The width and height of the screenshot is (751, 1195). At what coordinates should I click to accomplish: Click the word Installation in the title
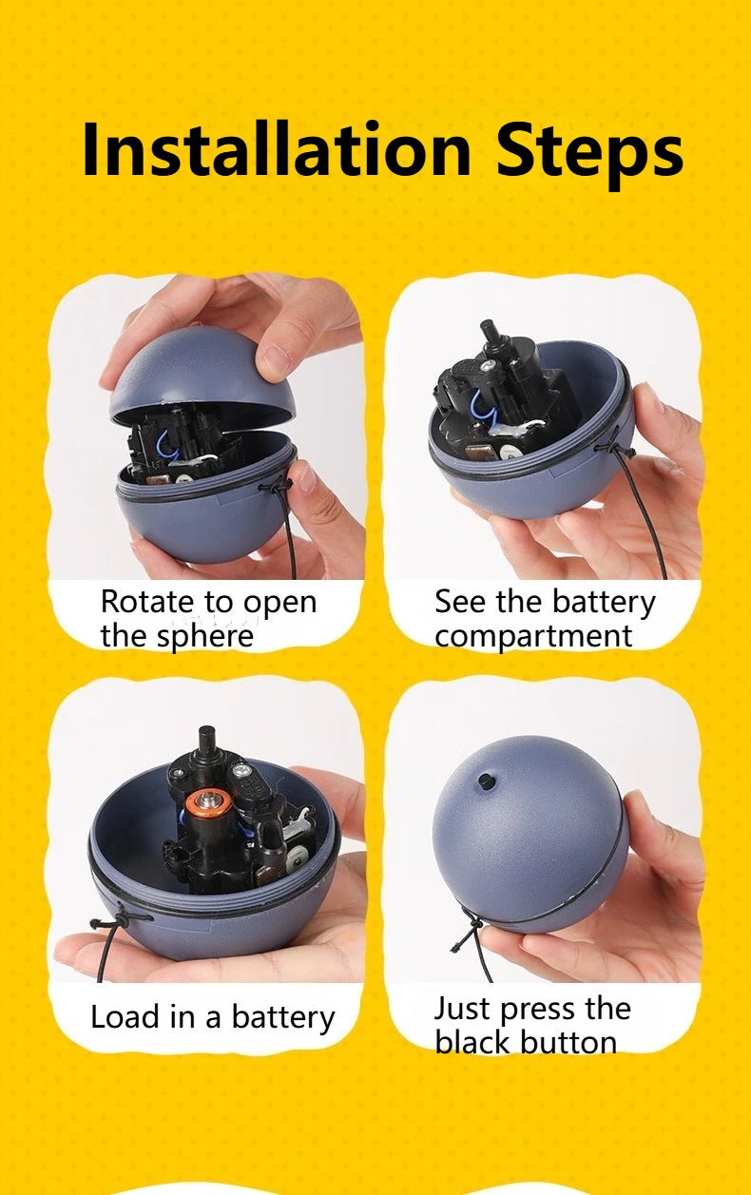point(276,150)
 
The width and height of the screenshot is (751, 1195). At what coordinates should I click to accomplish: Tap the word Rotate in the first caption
point(148,602)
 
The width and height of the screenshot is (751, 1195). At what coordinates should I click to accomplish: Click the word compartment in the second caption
point(533,636)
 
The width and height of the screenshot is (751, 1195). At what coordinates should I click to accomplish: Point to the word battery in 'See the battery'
point(605,602)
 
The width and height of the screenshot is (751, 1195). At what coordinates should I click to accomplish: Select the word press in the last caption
point(530,1009)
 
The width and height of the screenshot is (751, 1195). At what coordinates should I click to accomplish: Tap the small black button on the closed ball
point(487,781)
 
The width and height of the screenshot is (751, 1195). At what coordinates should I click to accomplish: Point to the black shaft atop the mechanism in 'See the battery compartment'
point(491,338)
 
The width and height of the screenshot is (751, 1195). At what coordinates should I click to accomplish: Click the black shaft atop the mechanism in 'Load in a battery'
point(206,742)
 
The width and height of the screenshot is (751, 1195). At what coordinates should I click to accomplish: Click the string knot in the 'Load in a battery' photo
point(115,919)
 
